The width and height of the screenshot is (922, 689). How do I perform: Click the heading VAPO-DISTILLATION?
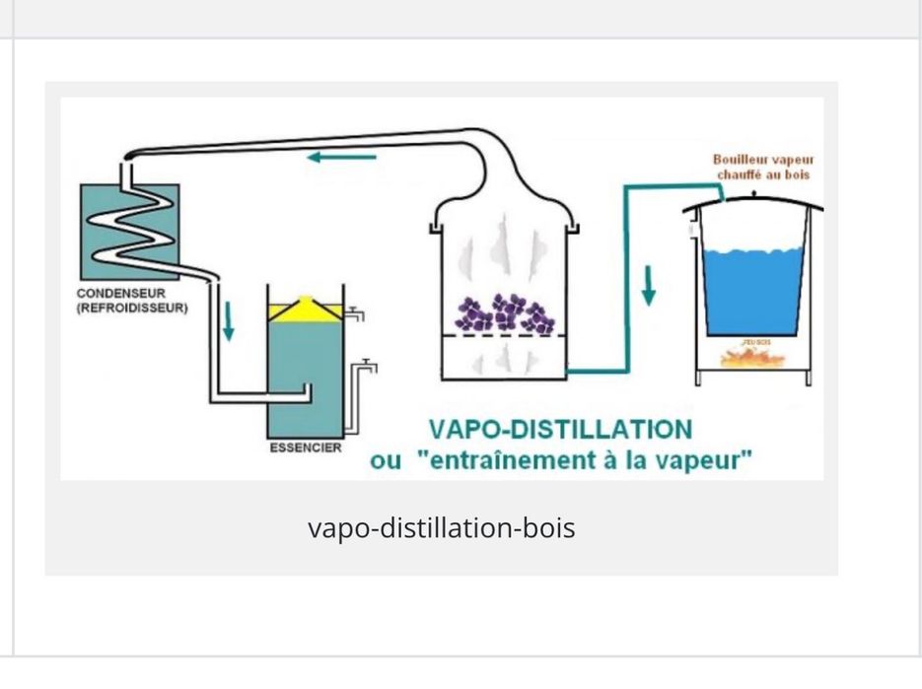(x=559, y=430)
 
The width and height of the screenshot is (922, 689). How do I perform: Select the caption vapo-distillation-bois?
(x=441, y=527)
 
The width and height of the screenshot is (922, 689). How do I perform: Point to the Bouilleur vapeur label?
(x=764, y=160)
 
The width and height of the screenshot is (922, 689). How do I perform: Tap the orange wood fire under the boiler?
(x=752, y=358)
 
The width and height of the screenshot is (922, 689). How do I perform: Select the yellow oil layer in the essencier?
(x=305, y=310)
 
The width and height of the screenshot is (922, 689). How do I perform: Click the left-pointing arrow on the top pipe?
(x=340, y=157)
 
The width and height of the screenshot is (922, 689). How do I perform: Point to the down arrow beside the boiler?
(x=649, y=284)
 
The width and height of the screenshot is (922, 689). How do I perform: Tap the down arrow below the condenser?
(x=229, y=320)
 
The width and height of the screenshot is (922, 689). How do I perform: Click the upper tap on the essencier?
(x=357, y=314)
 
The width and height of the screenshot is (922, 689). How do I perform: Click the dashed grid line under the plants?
(x=502, y=336)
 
